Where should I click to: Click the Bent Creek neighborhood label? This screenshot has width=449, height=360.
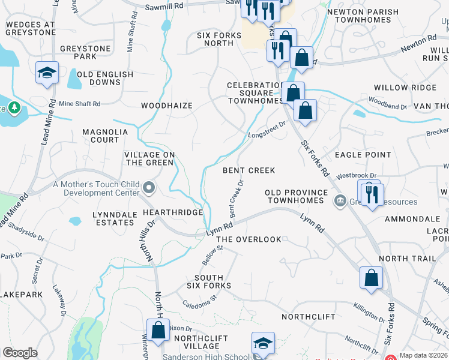click(x=249, y=170)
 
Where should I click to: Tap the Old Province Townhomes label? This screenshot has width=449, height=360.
click(x=298, y=196)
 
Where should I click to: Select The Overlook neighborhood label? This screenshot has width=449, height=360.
click(x=249, y=239)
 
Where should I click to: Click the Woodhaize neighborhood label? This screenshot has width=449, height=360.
click(x=167, y=106)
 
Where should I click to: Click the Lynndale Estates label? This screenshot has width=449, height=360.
click(x=113, y=218)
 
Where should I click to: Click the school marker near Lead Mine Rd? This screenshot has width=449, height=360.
click(x=47, y=73)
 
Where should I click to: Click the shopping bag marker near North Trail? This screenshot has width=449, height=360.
click(x=371, y=278)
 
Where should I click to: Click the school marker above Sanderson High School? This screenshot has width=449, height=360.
click(x=263, y=344)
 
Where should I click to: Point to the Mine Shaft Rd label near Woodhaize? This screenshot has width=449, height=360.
click(x=79, y=104)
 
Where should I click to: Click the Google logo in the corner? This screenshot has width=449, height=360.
click(x=20, y=353)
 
